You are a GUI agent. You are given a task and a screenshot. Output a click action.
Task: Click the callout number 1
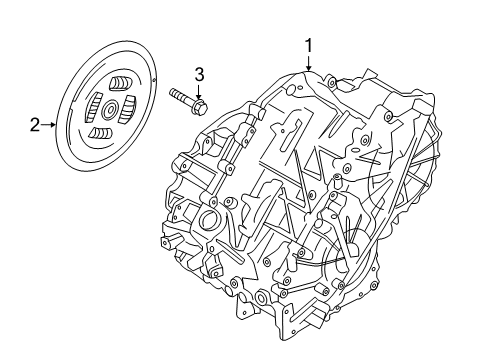[x=309, y=44]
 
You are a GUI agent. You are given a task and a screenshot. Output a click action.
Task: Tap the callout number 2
[x=35, y=125]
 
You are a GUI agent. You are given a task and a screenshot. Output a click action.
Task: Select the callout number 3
[x=199, y=74]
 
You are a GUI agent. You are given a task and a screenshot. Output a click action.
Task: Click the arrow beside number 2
[x=50, y=125]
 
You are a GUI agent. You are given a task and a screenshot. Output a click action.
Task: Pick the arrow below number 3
[x=199, y=91]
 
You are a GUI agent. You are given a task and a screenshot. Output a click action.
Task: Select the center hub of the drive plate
[x=108, y=107]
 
